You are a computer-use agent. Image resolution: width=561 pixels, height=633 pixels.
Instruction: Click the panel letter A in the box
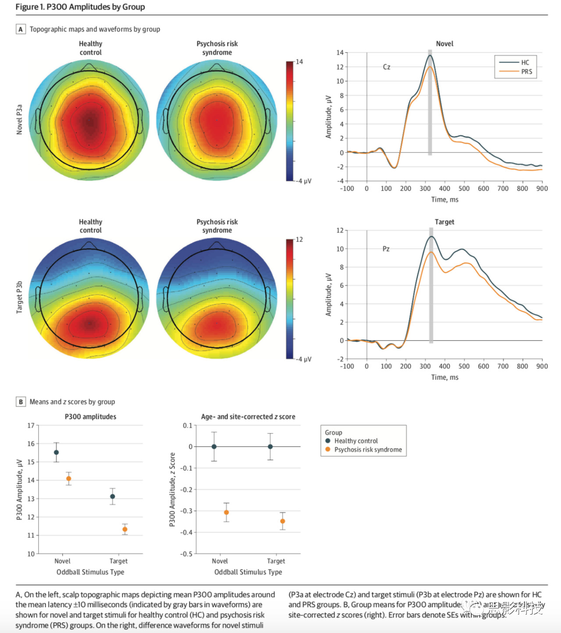point(21,29)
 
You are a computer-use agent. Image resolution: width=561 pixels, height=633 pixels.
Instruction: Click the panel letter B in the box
point(21,402)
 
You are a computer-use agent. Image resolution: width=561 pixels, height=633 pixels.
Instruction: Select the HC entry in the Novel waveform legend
point(525,62)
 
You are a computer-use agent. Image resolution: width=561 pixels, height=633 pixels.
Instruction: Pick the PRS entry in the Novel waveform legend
point(526,71)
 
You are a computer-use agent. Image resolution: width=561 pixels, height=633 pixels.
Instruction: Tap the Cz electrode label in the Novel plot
point(387,67)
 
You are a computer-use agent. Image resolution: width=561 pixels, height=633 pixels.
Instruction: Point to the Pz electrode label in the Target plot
point(386,249)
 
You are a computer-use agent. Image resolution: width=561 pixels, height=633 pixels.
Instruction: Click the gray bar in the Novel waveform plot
point(430,105)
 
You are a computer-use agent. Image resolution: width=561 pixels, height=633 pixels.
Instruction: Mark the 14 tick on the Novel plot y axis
point(340,53)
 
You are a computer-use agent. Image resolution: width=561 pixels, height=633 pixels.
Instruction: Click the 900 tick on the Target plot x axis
point(542,366)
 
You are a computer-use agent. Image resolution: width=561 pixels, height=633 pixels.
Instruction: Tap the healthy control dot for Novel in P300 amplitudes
point(56,452)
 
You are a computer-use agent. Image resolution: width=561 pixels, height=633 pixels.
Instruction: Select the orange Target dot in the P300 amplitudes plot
point(125,530)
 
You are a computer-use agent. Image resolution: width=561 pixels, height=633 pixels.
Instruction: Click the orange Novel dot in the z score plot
point(226,512)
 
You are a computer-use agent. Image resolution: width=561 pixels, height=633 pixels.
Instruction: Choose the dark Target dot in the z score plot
point(270,447)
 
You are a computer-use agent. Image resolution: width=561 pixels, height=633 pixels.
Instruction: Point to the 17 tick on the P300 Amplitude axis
point(31,425)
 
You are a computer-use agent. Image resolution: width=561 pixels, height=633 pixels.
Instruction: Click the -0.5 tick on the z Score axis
point(186,554)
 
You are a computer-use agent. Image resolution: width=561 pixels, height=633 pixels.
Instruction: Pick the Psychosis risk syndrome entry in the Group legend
point(368,450)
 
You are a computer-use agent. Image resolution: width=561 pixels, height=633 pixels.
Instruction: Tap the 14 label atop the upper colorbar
point(299,62)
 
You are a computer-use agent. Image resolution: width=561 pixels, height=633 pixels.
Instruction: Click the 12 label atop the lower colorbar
point(299,239)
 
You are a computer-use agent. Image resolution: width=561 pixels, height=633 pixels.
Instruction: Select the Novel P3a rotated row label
point(19,119)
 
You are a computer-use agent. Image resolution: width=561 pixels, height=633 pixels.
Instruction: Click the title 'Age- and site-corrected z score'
point(248,416)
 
